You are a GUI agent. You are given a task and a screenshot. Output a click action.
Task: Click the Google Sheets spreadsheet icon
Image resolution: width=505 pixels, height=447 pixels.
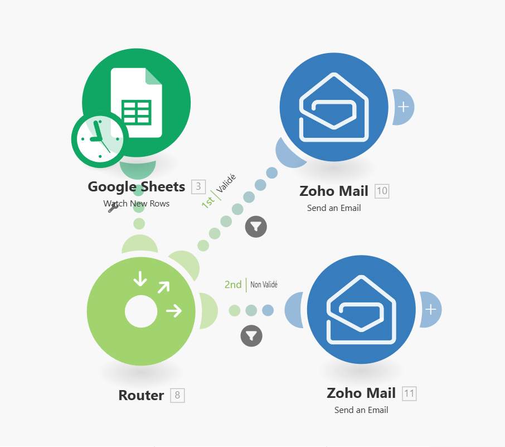click(x=137, y=103)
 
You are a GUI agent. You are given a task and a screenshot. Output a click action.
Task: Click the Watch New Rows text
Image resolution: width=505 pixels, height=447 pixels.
click(x=137, y=204)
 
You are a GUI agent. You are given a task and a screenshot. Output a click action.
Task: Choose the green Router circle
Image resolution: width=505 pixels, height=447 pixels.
click(x=141, y=311)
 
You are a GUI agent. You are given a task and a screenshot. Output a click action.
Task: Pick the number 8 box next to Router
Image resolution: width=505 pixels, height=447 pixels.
click(x=177, y=396)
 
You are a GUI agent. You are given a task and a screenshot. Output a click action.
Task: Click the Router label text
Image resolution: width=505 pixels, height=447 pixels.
click(x=141, y=396)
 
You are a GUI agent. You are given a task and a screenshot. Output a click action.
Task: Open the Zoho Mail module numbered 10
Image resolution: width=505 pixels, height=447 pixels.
click(x=333, y=107)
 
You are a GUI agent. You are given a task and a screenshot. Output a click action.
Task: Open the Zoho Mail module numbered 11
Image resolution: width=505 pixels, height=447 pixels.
click(x=361, y=310)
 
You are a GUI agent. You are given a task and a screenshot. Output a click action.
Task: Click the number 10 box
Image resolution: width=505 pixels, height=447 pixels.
click(x=382, y=191)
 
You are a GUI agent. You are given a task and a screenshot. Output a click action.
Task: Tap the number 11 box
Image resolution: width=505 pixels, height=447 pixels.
click(x=409, y=393)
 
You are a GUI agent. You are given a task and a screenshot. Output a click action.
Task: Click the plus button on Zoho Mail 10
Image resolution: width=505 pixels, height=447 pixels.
click(x=404, y=107)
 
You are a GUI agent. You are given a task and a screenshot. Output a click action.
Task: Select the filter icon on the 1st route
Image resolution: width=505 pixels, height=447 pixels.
click(x=256, y=226)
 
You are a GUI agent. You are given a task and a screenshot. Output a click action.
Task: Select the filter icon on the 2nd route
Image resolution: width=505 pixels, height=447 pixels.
click(x=251, y=335)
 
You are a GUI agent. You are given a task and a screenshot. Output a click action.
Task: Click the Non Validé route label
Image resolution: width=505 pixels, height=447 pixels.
click(x=264, y=285)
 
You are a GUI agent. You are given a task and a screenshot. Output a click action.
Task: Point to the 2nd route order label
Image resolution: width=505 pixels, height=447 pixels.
click(x=233, y=285)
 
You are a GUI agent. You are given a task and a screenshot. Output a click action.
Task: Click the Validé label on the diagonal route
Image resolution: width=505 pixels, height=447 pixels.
click(x=226, y=184)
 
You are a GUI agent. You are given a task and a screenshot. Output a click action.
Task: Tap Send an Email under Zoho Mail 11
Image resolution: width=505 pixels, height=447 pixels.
click(x=361, y=410)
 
